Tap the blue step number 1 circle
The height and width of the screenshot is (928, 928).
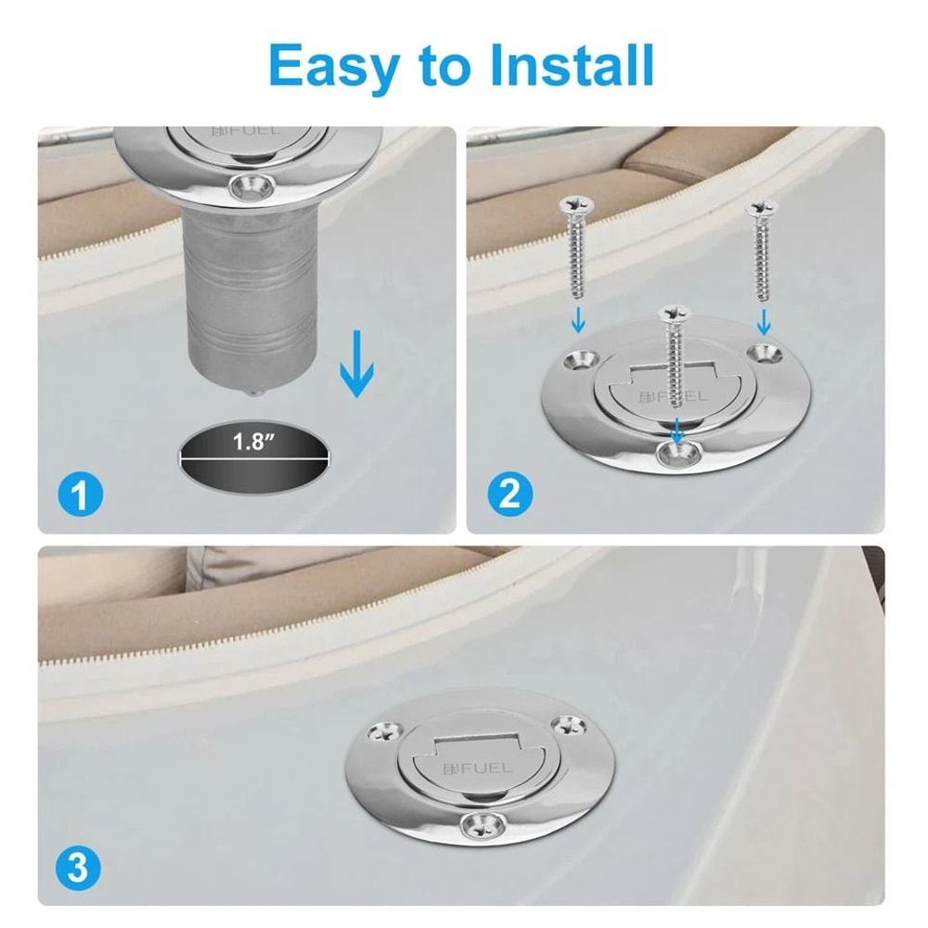coord(82,494)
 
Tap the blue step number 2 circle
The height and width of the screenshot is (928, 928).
coord(509,494)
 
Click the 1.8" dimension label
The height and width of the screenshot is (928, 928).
coord(253,442)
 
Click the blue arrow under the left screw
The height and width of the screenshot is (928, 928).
coord(578,321)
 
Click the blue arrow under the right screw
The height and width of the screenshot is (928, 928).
coord(763,321)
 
